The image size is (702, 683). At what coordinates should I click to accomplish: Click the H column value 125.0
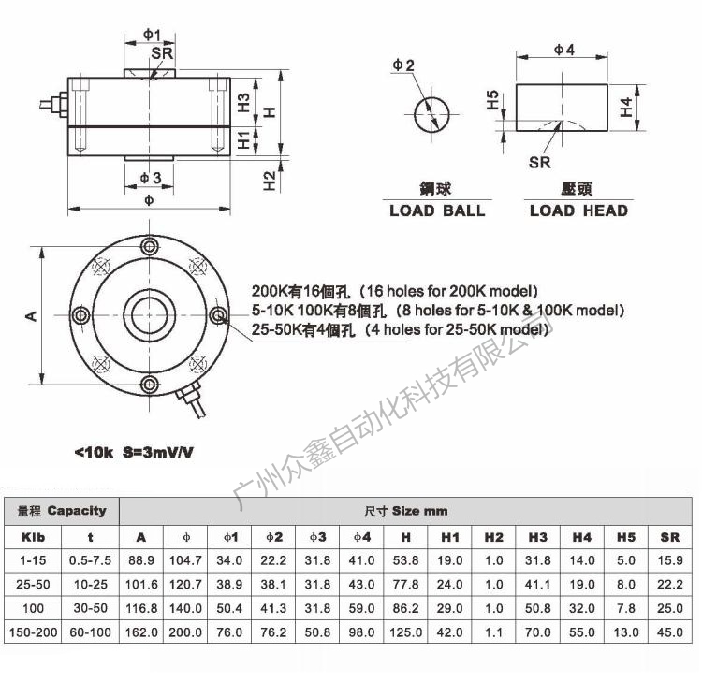point(405,632)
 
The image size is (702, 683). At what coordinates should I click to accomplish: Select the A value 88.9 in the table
point(141,560)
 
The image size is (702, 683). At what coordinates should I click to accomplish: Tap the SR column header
point(670,537)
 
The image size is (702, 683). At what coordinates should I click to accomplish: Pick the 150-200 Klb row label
point(33,632)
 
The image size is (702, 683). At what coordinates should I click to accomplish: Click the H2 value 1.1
point(494,632)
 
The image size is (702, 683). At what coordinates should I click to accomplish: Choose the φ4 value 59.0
point(361,608)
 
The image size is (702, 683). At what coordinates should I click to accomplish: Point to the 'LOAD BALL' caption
point(437,211)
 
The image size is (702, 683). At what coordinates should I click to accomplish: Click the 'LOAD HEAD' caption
point(578,211)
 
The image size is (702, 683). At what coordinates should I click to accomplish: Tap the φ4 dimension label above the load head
point(564,50)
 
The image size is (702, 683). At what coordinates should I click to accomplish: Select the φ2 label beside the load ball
point(403,65)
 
